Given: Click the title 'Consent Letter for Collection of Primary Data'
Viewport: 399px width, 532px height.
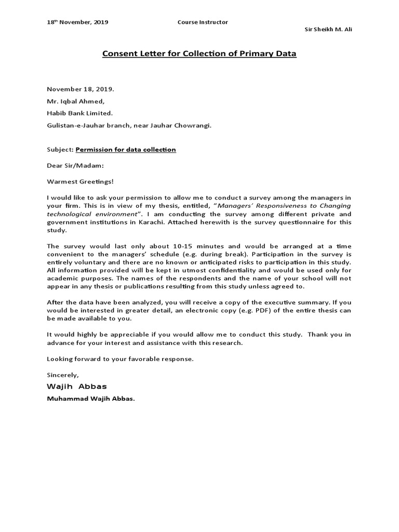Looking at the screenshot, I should pyautogui.click(x=199, y=54).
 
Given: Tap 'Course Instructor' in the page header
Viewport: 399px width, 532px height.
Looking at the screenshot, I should pyautogui.click(x=203, y=22).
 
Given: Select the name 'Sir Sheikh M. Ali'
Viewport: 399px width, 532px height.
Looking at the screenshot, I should pyautogui.click(x=328, y=29).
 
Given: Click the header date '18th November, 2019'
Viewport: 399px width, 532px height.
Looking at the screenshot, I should pyautogui.click(x=77, y=22).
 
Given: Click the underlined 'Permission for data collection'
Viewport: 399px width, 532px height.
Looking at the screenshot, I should pyautogui.click(x=126, y=150).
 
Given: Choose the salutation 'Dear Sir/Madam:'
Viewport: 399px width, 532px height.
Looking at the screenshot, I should pyautogui.click(x=75, y=165).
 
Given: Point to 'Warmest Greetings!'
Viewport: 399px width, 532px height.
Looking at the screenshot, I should pyautogui.click(x=79, y=181).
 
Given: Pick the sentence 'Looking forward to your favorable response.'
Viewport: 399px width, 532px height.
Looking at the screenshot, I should pyautogui.click(x=120, y=359).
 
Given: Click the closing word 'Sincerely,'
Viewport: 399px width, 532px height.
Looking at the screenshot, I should pyautogui.click(x=63, y=375).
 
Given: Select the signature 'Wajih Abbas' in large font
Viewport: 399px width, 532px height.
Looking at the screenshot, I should pyautogui.click(x=77, y=387).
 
